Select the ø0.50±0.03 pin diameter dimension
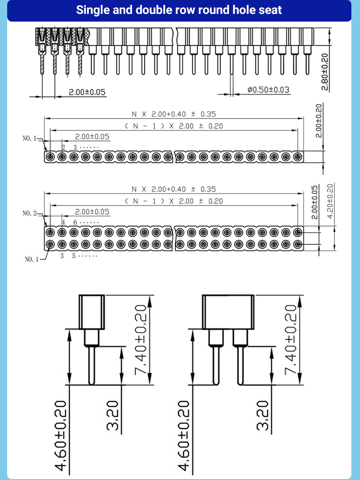point(268,90)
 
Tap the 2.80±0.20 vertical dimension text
point(325,72)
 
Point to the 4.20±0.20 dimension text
point(330,201)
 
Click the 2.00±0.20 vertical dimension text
point(319,120)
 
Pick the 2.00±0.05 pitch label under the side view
point(86,92)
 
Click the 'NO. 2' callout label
point(29,213)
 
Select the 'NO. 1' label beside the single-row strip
point(29,138)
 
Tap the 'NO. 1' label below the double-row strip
point(32,259)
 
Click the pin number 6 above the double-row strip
point(75,223)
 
